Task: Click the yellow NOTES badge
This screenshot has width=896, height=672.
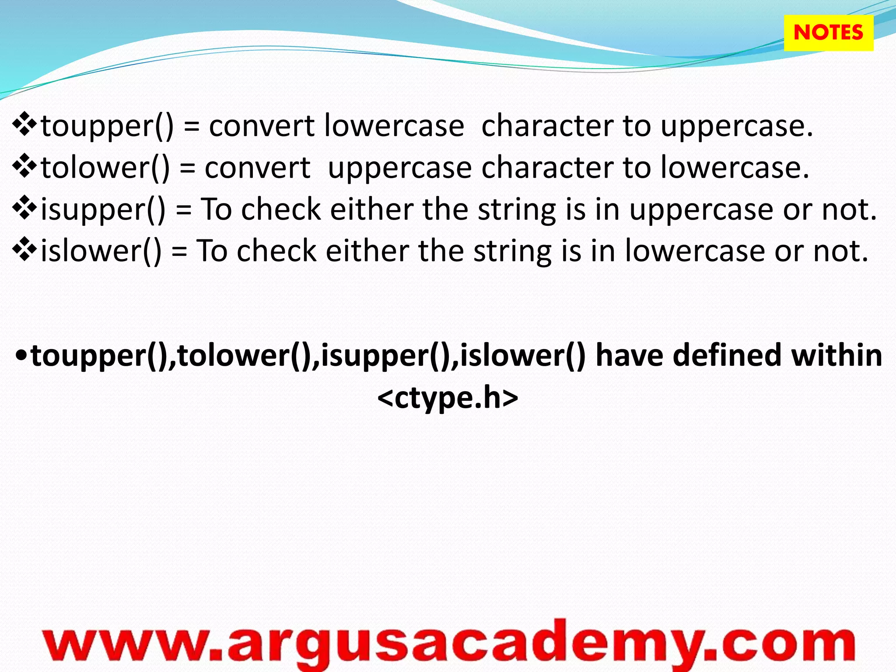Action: click(x=828, y=33)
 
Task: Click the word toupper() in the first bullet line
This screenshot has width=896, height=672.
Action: click(x=107, y=126)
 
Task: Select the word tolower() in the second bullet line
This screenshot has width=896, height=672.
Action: click(x=105, y=168)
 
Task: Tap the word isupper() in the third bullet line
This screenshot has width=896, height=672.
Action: click(x=103, y=210)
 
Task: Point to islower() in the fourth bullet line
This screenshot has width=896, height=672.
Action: click(x=101, y=251)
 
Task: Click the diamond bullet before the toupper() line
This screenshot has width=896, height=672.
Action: click(x=25, y=124)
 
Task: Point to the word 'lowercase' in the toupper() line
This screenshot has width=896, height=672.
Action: click(x=394, y=126)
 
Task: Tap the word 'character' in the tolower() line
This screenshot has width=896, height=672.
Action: click(x=547, y=168)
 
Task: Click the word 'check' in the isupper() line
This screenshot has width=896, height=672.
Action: click(x=281, y=210)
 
